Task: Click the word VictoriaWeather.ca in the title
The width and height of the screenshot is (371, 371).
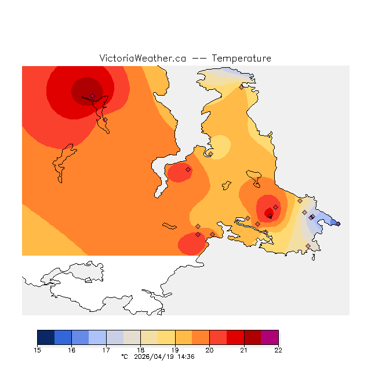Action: click(143, 59)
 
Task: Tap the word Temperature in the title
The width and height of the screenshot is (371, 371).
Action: click(241, 59)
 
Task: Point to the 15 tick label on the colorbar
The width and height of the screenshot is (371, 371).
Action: click(38, 350)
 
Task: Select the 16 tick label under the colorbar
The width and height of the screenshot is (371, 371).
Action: click(72, 350)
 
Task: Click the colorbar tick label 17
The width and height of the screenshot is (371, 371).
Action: click(106, 350)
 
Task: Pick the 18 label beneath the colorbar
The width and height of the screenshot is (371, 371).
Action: click(141, 350)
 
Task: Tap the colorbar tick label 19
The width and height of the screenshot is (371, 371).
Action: click(175, 350)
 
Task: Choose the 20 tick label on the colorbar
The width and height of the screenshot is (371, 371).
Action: click(209, 350)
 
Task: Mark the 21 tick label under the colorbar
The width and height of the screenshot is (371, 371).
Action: click(244, 350)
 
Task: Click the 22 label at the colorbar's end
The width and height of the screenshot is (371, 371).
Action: click(278, 350)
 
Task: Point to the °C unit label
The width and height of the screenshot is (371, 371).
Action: click(124, 357)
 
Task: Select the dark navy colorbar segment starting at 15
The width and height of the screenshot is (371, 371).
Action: click(46, 337)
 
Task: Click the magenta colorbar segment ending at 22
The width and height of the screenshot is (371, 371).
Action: click(270, 337)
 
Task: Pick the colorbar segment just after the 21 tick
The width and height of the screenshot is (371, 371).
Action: click(252, 337)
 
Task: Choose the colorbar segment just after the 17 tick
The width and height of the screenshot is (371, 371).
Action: click(115, 337)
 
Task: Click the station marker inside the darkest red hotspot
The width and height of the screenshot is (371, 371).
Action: click(92, 96)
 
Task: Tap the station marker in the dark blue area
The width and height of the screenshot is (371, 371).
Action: click(339, 224)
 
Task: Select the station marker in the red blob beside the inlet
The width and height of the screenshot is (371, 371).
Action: click(188, 169)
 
